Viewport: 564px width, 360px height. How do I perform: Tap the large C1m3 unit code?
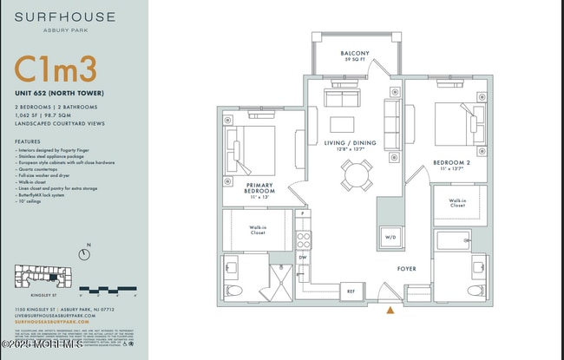(x=55, y=69)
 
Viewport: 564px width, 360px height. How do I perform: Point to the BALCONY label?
(x=355, y=54)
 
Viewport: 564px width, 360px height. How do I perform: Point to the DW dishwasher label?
(x=303, y=258)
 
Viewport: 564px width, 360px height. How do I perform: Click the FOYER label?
(x=407, y=269)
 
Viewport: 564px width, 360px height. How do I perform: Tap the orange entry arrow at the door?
(x=390, y=309)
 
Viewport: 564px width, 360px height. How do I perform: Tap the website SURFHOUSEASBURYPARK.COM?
(x=53, y=321)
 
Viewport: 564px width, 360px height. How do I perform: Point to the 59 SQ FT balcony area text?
(x=355, y=61)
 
